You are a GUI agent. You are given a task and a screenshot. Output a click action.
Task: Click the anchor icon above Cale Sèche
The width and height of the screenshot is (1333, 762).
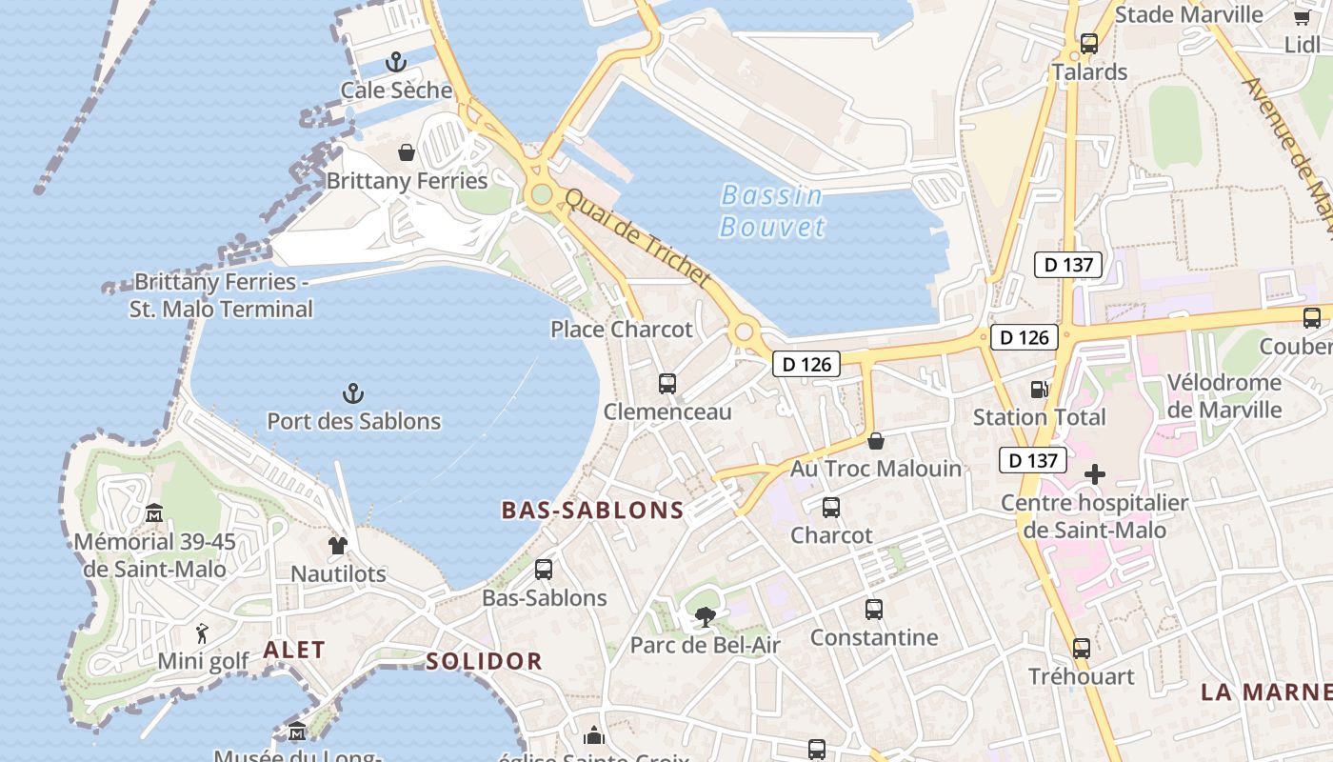pyautogui.click(x=396, y=63)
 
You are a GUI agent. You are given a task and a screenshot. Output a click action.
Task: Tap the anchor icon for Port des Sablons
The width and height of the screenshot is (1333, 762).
pyautogui.click(x=353, y=392)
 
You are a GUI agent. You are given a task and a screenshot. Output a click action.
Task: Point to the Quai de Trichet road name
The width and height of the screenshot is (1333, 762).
pyautogui.click(x=638, y=238)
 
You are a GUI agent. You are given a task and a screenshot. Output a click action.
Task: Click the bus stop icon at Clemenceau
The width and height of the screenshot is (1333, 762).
pyautogui.click(x=667, y=384)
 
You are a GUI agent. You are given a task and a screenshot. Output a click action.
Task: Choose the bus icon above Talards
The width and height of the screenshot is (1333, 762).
pyautogui.click(x=1089, y=44)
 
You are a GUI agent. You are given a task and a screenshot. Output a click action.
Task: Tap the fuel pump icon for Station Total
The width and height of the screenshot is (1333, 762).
pyautogui.click(x=1039, y=389)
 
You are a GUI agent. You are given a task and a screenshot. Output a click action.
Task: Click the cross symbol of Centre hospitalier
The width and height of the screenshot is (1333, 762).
pyautogui.click(x=1095, y=473)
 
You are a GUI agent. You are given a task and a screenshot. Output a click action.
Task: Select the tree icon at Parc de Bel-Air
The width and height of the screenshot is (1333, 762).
pyautogui.click(x=705, y=617)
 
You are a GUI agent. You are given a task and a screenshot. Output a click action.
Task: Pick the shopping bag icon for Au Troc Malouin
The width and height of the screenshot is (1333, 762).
pyautogui.click(x=876, y=441)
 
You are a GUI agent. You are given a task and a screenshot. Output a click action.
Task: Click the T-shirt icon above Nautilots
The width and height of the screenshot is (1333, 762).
pyautogui.click(x=338, y=546)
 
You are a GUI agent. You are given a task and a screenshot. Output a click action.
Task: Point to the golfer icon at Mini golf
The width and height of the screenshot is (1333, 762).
pyautogui.click(x=202, y=633)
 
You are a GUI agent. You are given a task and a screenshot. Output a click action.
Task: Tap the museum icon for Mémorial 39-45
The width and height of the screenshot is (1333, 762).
pyautogui.click(x=154, y=514)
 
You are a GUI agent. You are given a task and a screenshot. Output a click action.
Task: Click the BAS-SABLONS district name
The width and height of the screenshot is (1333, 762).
pyautogui.click(x=593, y=511)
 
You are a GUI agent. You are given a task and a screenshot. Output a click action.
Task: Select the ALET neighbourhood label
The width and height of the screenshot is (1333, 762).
pyautogui.click(x=294, y=651)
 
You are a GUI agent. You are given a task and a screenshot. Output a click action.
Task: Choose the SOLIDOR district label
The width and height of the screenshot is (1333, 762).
pyautogui.click(x=484, y=661)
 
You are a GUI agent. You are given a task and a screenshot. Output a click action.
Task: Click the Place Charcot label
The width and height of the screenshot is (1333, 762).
pyautogui.click(x=622, y=330)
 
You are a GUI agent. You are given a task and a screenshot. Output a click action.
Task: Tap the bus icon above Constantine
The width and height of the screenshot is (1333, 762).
pyautogui.click(x=874, y=610)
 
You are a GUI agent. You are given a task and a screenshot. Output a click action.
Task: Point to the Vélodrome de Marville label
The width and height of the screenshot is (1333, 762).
pyautogui.click(x=1224, y=396)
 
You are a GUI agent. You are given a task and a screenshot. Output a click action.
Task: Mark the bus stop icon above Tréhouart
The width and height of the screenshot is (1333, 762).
pyautogui.click(x=1082, y=649)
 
